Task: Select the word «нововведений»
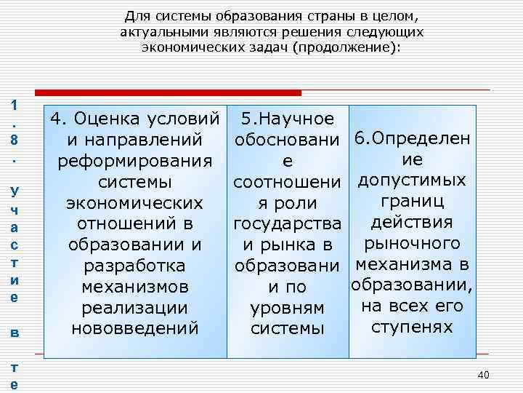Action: (x=134, y=329)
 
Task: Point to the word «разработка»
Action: (x=134, y=266)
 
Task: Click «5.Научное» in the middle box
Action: (x=288, y=118)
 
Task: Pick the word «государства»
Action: (x=288, y=223)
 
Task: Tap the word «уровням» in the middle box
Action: (x=286, y=308)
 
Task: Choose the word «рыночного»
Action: (x=411, y=243)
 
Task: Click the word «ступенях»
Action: (x=411, y=327)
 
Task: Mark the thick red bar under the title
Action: (x=169, y=92)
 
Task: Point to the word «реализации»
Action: (x=134, y=308)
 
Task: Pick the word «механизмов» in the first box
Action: (x=134, y=287)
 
